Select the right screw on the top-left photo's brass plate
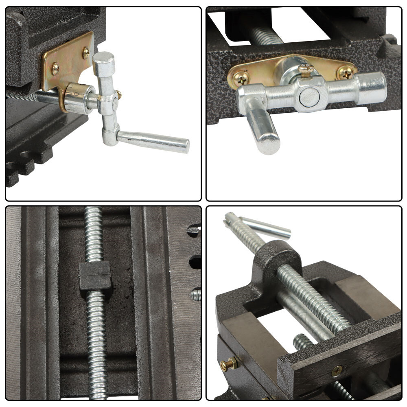[x=86, y=52]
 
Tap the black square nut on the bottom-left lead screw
[x=95, y=275]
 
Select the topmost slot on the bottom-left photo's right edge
[x=194, y=231]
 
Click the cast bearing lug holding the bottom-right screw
[x=277, y=260]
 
